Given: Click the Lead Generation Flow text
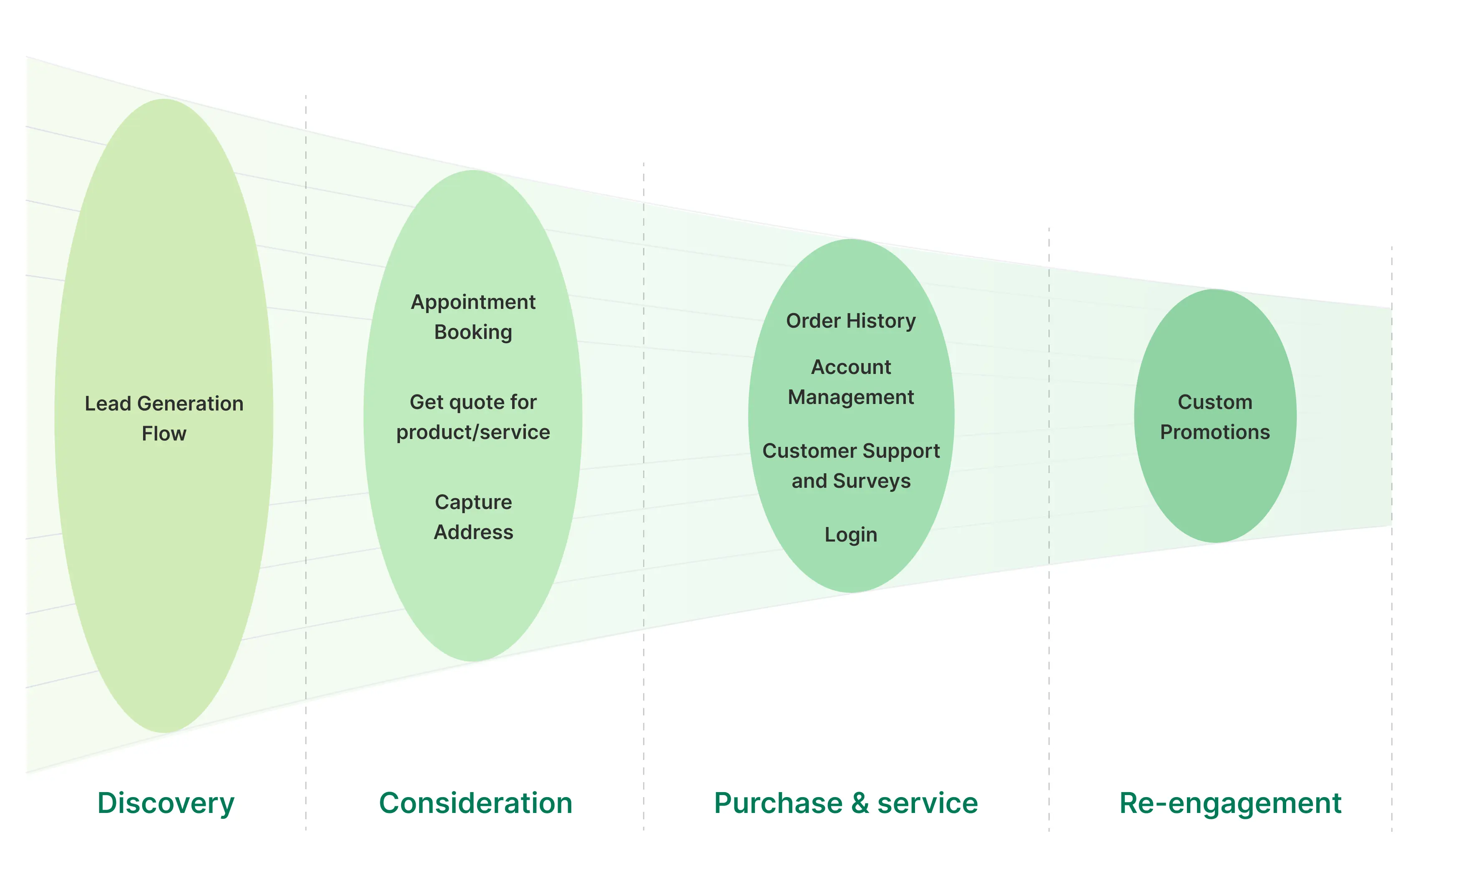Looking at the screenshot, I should click(164, 418).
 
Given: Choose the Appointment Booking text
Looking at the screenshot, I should click(473, 317).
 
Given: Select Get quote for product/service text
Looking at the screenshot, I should click(473, 417).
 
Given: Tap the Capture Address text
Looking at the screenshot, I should click(473, 517).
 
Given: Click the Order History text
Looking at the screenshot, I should click(851, 321).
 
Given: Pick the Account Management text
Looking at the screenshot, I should click(851, 382).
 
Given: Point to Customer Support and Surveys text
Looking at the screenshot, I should click(851, 466).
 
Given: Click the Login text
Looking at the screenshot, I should click(851, 535).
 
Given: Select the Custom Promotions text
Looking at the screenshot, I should click(1215, 417).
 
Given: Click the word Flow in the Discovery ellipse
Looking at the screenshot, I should click(164, 434).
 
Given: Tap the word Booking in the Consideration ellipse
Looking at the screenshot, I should click(473, 332).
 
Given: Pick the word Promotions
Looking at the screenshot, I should click(1215, 432).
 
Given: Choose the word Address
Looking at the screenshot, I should click(473, 532).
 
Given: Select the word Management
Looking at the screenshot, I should click(851, 397).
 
